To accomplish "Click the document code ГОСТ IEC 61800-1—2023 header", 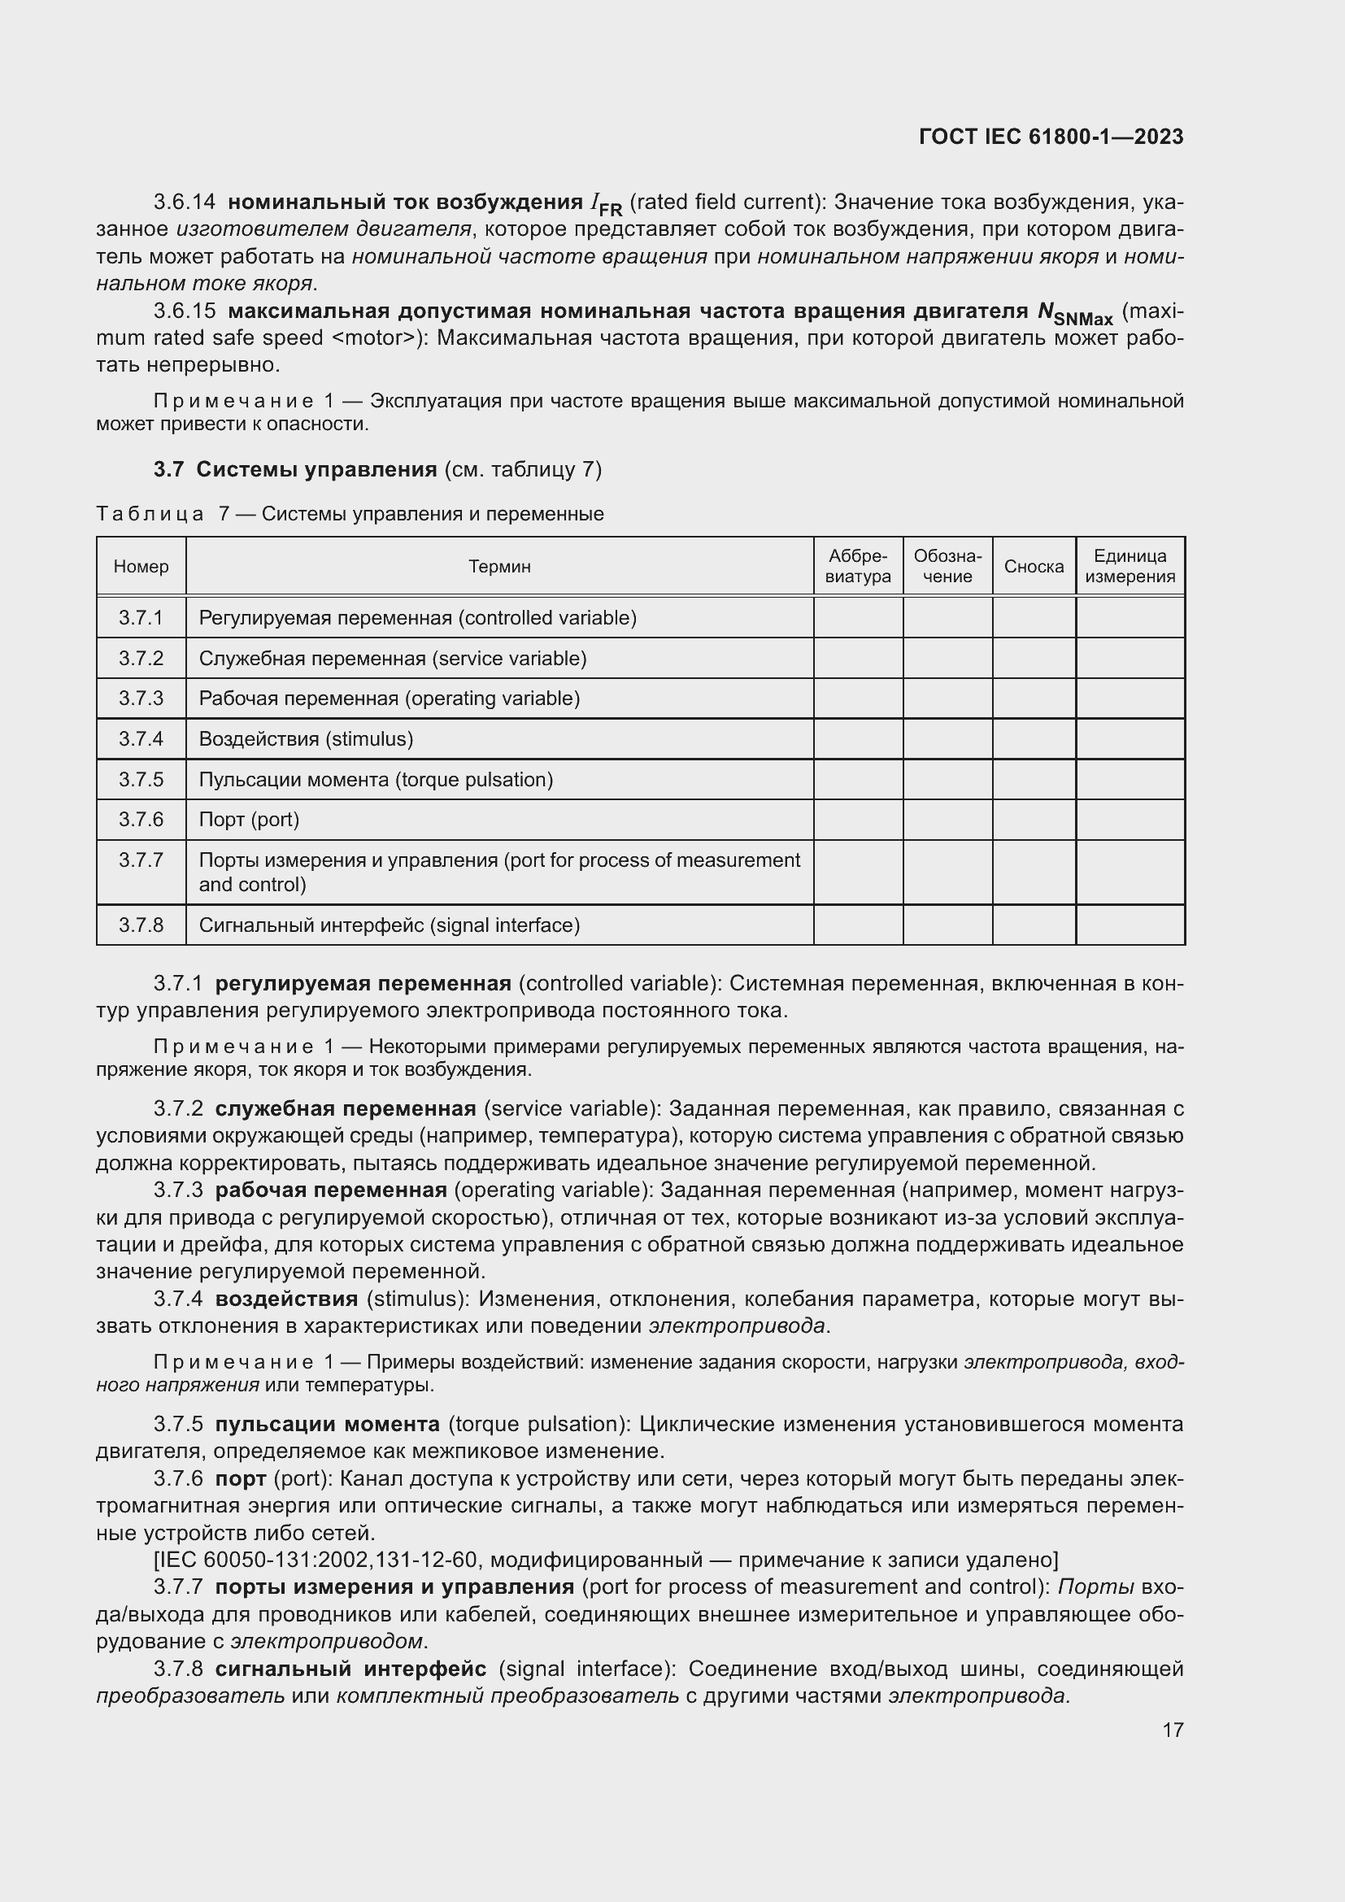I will point(1050,137).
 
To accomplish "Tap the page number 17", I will point(1172,1730).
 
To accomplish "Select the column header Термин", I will point(498,567).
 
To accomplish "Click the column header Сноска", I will point(1034,567).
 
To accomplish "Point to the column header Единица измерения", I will point(1130,567).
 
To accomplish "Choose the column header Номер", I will point(141,567).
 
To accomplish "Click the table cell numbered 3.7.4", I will point(141,739).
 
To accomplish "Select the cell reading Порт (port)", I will point(250,820).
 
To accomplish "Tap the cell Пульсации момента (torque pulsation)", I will point(376,780).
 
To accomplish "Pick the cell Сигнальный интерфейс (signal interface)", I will point(390,925).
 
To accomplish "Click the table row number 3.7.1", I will point(141,618).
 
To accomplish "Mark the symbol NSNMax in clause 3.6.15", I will point(1075,314).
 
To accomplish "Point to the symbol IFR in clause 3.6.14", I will point(606,204).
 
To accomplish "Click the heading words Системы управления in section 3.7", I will point(316,470).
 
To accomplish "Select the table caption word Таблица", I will point(150,515).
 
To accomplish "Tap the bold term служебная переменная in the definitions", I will point(346,1108).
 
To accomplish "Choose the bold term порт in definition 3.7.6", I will point(240,1478).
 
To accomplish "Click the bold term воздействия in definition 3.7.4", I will point(286,1298).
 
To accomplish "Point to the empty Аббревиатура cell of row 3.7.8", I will point(858,925).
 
